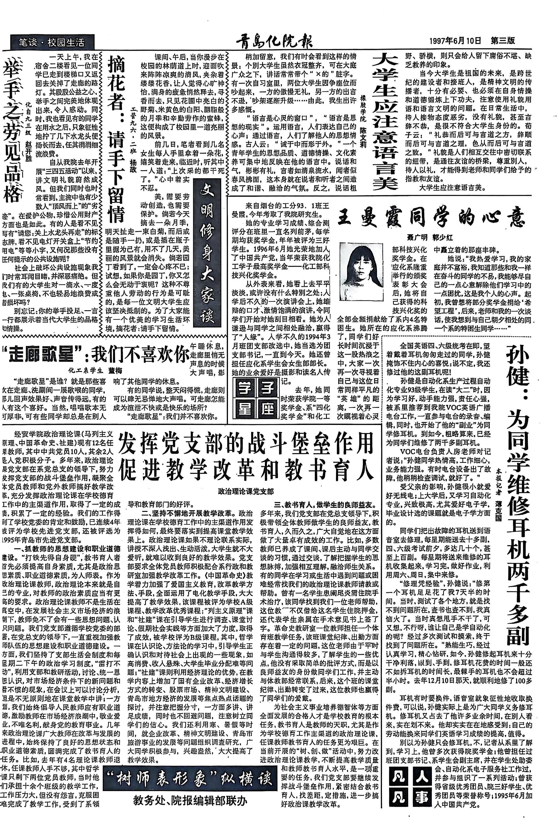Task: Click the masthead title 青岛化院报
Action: pos(273,42)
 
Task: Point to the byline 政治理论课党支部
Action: pos(246,491)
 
